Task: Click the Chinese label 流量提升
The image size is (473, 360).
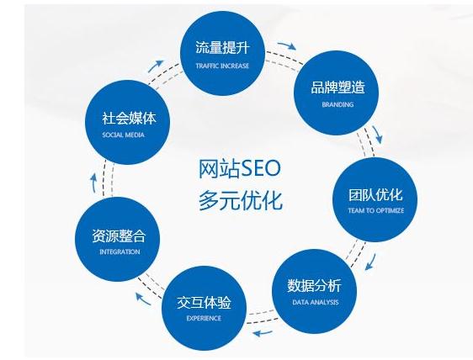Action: point(222,48)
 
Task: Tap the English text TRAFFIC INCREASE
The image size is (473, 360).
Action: point(222,66)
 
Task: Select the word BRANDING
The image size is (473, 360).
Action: point(337,104)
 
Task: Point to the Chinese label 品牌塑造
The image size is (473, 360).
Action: point(337,87)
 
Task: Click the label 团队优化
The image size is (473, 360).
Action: point(375,194)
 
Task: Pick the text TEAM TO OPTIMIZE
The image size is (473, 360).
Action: point(376,210)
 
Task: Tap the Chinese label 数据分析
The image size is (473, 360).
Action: point(314,285)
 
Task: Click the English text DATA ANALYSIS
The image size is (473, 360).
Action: point(316,302)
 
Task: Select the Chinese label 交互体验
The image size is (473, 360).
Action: point(204,302)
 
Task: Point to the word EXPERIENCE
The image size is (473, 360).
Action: point(204,318)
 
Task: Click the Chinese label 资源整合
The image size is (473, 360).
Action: point(119,236)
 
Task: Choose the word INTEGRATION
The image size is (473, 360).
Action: point(120,251)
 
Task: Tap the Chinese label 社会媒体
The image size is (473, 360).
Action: point(129,118)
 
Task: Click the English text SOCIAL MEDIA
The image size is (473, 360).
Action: point(123,135)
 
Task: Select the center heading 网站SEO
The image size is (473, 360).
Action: point(240,168)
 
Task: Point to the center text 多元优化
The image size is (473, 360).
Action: point(241,200)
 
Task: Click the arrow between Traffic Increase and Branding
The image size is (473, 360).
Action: point(287,45)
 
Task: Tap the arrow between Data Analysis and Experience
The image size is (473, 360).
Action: point(263,333)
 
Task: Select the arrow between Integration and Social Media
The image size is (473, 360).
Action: point(93,183)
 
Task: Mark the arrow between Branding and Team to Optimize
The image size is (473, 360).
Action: point(377,135)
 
